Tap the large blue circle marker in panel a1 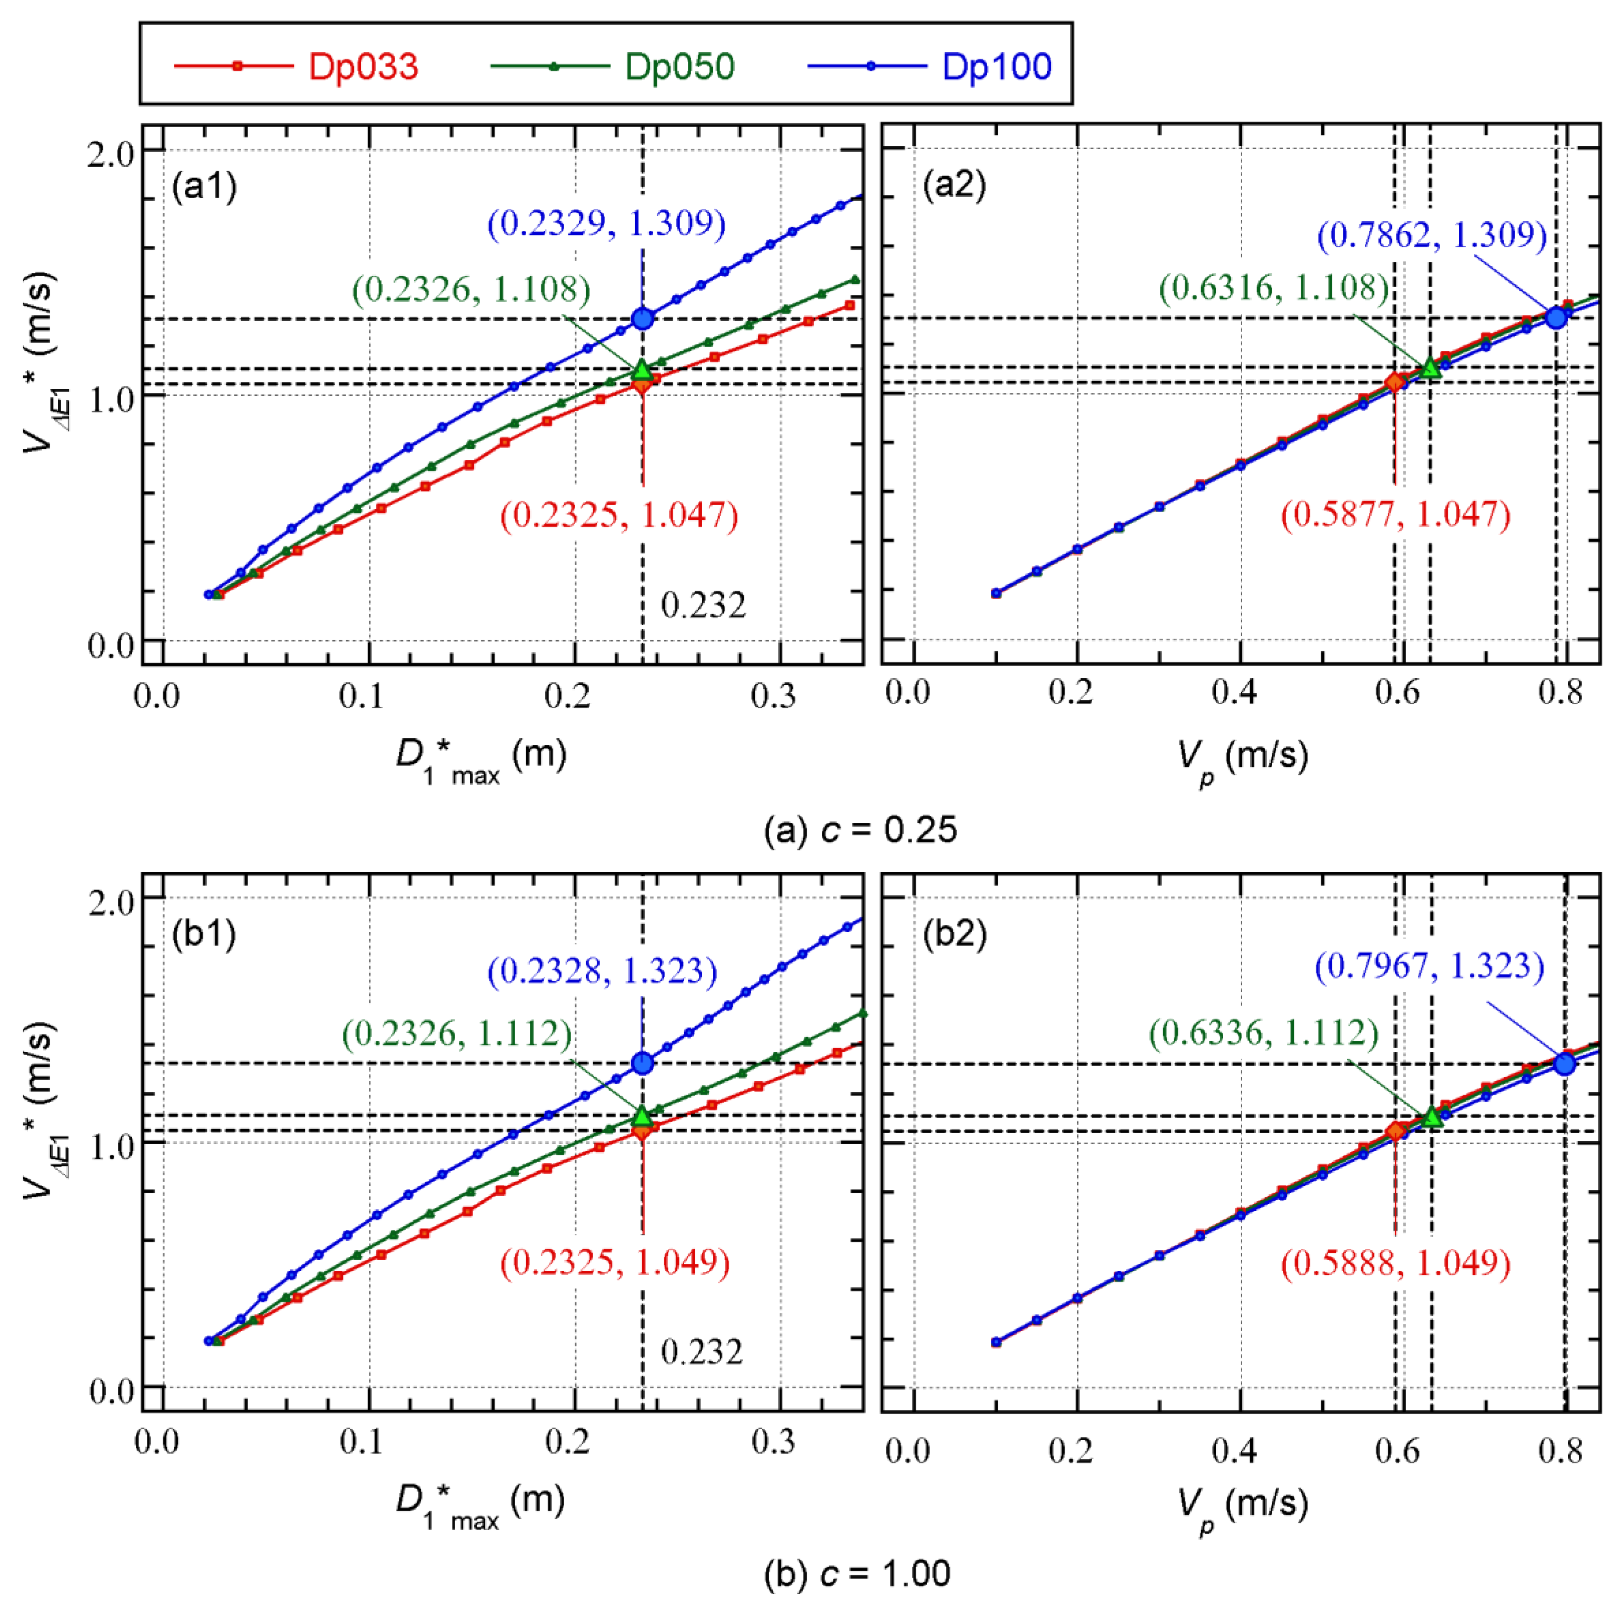point(643,319)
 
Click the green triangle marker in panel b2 point(1432,1116)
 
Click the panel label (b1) point(204,934)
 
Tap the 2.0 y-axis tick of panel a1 point(111,154)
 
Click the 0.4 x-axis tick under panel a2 point(1233,693)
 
